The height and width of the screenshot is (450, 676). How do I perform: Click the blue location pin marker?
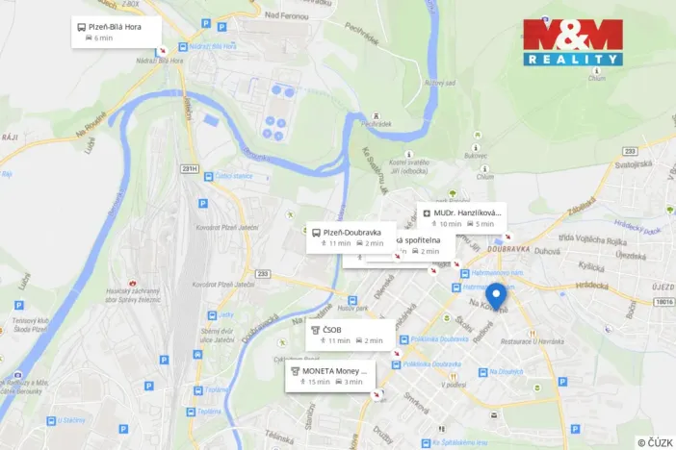coord(496,296)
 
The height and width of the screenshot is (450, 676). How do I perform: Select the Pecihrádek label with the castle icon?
coord(376,122)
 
